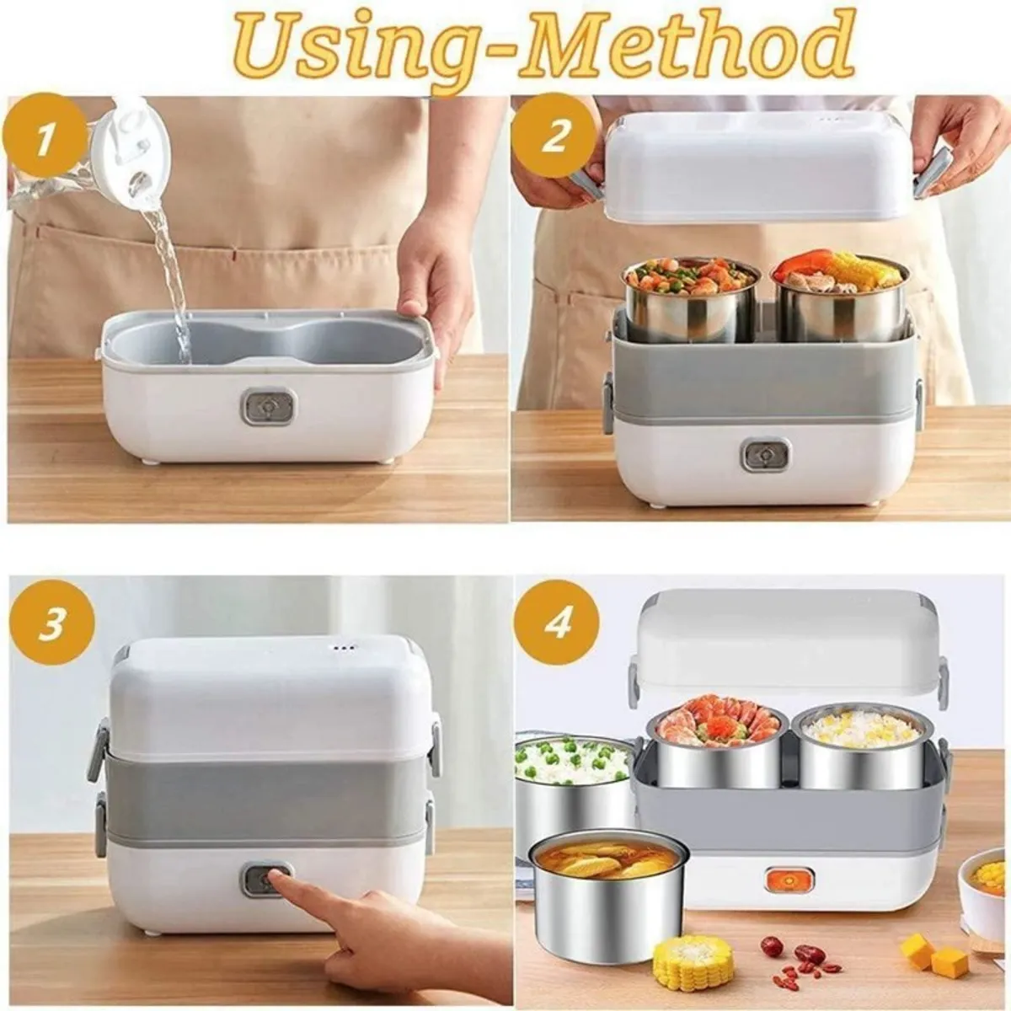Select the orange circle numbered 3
[x=52, y=623]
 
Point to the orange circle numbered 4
[x=557, y=623]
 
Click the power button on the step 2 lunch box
[x=765, y=454]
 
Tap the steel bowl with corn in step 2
[x=841, y=297]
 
